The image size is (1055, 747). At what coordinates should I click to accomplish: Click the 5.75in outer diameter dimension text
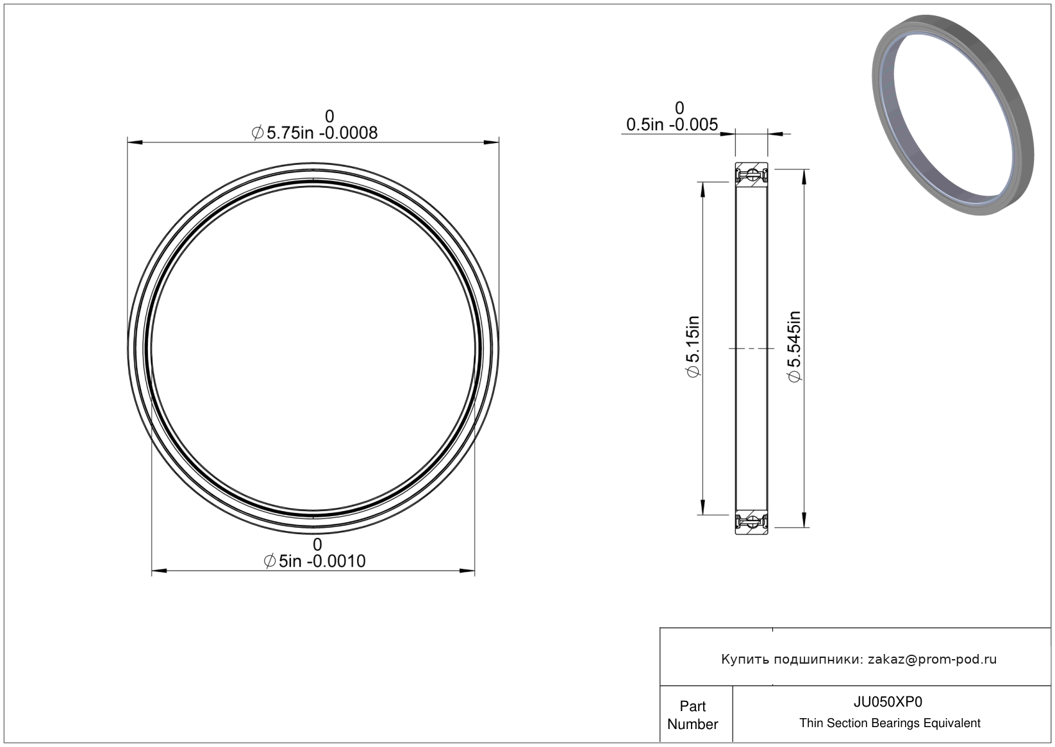(315, 133)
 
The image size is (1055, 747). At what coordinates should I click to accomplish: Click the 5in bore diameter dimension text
(315, 561)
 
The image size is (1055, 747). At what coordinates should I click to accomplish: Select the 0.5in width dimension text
(672, 124)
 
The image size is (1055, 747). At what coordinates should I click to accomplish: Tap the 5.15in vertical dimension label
(694, 346)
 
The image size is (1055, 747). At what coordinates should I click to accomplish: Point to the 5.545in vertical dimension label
(794, 346)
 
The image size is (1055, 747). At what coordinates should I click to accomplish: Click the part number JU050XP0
(888, 701)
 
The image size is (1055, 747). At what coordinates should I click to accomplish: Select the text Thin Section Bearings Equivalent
(890, 723)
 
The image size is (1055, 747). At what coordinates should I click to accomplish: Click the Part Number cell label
(692, 715)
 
